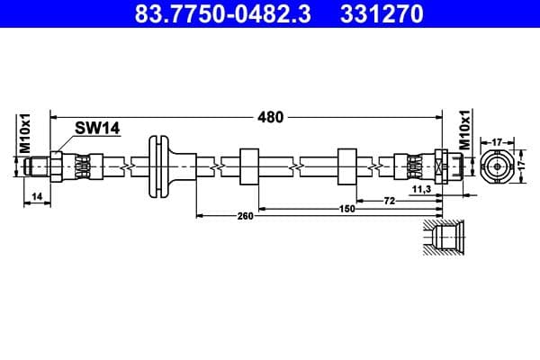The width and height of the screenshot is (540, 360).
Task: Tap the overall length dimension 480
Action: point(271,116)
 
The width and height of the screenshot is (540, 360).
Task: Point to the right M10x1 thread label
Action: point(465,130)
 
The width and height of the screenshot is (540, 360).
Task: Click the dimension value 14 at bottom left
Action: point(36,194)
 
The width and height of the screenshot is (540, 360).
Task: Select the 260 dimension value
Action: point(243,216)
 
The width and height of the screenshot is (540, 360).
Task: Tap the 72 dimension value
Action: point(389,200)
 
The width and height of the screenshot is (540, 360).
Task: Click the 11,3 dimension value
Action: point(421,191)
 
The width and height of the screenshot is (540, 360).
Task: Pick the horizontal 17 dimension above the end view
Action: point(497,141)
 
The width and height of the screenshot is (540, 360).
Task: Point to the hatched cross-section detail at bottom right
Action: point(445,238)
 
